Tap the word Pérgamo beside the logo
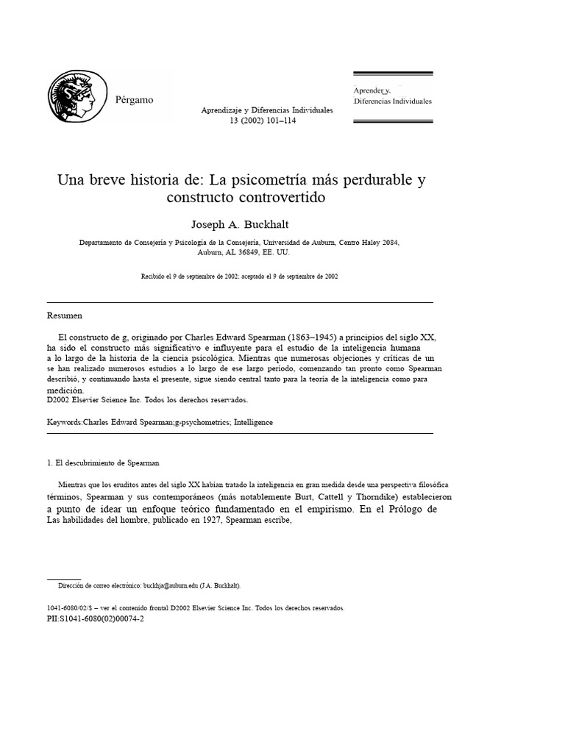click(x=135, y=100)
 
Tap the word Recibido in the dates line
click(x=154, y=276)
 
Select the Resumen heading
click(x=65, y=315)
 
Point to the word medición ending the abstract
click(x=66, y=390)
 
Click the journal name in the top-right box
click(x=393, y=96)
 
